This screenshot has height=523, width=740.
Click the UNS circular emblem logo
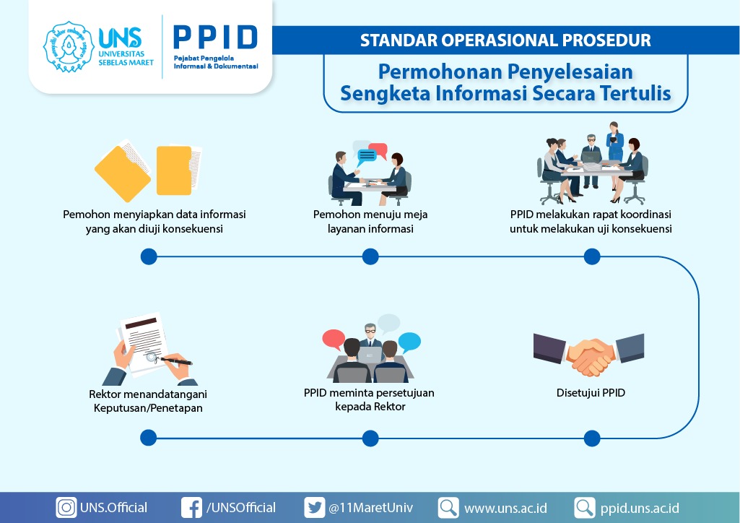(x=69, y=47)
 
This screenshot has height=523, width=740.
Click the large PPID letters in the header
(x=215, y=38)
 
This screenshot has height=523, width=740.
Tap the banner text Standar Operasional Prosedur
(x=505, y=40)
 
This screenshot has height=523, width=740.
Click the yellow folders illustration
(x=148, y=170)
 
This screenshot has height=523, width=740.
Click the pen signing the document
(x=175, y=361)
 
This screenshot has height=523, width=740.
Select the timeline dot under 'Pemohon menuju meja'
(x=370, y=256)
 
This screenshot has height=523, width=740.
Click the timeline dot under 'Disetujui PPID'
(x=592, y=438)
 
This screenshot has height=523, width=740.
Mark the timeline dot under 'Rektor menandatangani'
(x=148, y=438)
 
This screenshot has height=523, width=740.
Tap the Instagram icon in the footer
(x=66, y=508)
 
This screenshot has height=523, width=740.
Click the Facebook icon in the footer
(x=191, y=508)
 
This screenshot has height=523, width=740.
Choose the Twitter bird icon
(x=314, y=508)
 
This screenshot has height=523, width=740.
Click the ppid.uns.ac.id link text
(x=640, y=509)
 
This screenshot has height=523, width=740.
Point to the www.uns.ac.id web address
(x=505, y=509)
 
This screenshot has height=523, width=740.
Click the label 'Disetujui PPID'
(x=591, y=393)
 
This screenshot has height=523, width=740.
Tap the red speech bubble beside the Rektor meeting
(x=334, y=339)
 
